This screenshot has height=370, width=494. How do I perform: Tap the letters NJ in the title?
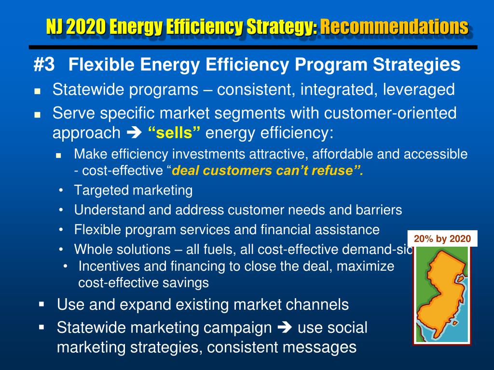(x=55, y=26)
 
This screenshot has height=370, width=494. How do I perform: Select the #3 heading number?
(x=44, y=65)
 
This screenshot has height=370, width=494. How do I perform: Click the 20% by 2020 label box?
(x=442, y=238)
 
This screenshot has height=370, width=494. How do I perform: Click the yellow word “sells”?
(x=174, y=133)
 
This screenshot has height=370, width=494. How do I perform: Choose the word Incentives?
(x=108, y=266)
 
